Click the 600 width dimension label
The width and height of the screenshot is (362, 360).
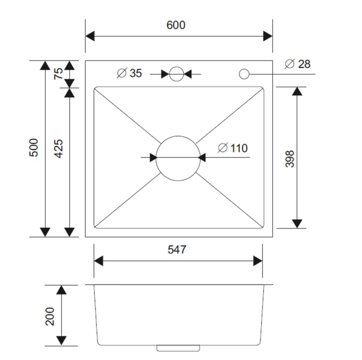pyautogui.click(x=176, y=25)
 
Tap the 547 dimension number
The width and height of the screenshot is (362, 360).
pyautogui.click(x=177, y=249)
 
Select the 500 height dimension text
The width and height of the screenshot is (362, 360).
pyautogui.click(x=34, y=148)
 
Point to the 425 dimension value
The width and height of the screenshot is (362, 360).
pyautogui.click(x=58, y=149)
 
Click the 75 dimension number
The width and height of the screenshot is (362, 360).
pyautogui.click(x=58, y=74)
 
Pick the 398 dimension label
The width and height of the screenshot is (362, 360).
pyautogui.click(x=290, y=159)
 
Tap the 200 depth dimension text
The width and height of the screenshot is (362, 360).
pyautogui.click(x=50, y=316)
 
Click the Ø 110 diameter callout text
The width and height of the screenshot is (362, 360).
pyautogui.click(x=233, y=148)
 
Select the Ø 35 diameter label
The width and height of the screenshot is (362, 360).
pyautogui.click(x=129, y=73)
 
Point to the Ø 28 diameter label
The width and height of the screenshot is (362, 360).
pyautogui.click(x=297, y=64)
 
